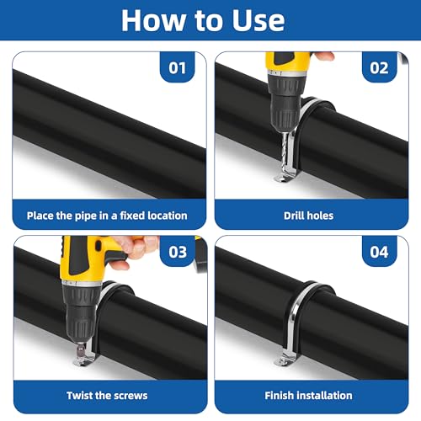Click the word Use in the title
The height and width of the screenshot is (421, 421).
tap(258, 20)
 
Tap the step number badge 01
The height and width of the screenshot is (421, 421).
tap(178, 67)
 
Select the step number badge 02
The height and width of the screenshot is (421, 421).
tap(379, 67)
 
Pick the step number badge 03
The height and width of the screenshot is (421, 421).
tap(178, 252)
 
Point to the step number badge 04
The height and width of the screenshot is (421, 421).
tap(379, 252)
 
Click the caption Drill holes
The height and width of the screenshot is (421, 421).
tap(308, 216)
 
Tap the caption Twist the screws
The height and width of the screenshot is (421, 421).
tap(107, 396)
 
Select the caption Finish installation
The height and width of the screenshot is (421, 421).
tap(308, 396)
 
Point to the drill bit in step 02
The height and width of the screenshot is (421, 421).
tap(285, 152)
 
